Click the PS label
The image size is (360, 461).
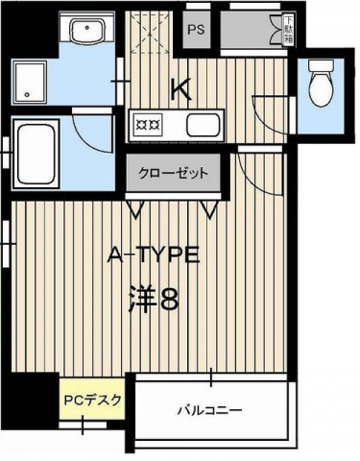(196, 30)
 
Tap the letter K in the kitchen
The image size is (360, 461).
(180, 89)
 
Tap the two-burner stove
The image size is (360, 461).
(149, 125)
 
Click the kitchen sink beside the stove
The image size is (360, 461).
(203, 125)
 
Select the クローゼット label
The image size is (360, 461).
(172, 174)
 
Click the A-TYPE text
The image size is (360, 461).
(154, 256)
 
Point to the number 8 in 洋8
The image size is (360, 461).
(169, 300)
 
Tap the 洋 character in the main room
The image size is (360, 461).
(142, 300)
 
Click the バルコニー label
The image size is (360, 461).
(208, 411)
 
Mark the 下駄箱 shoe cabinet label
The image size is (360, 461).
(288, 29)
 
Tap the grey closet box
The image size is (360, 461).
(173, 175)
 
